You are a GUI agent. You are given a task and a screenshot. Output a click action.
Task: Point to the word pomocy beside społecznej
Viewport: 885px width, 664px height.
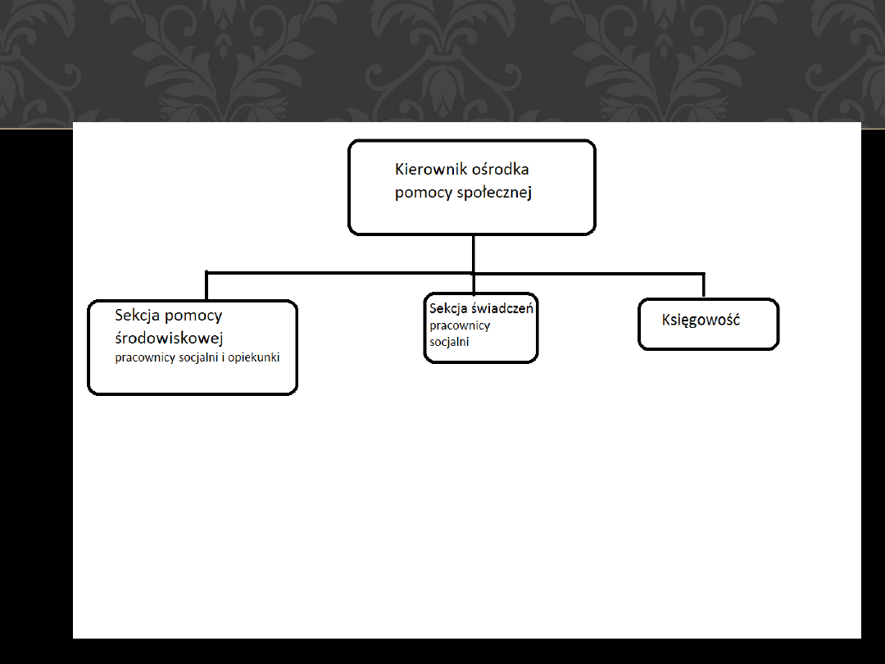point(419,193)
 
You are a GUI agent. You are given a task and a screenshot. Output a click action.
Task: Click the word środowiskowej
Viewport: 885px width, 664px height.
point(170,338)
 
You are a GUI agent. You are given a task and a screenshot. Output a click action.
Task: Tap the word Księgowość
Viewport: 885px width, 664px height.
point(701,320)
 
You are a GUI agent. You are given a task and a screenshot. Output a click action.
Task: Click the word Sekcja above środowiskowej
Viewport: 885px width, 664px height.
point(137,315)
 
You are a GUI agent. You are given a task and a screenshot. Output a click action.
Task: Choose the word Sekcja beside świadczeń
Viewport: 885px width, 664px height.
point(447,309)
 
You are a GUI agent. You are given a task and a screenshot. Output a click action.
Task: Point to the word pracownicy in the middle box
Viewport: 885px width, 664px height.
point(460,325)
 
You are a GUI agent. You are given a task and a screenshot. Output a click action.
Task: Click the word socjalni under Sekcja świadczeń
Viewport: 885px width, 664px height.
point(449,342)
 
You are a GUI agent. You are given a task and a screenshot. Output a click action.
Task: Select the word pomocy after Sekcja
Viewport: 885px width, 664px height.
point(193,316)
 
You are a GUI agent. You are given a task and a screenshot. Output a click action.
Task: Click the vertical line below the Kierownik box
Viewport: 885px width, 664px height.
point(474,252)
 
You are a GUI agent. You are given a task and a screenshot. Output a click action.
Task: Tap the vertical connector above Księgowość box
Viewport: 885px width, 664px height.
point(704,284)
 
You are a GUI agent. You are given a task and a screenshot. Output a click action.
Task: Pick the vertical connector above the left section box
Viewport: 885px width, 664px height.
point(206,286)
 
